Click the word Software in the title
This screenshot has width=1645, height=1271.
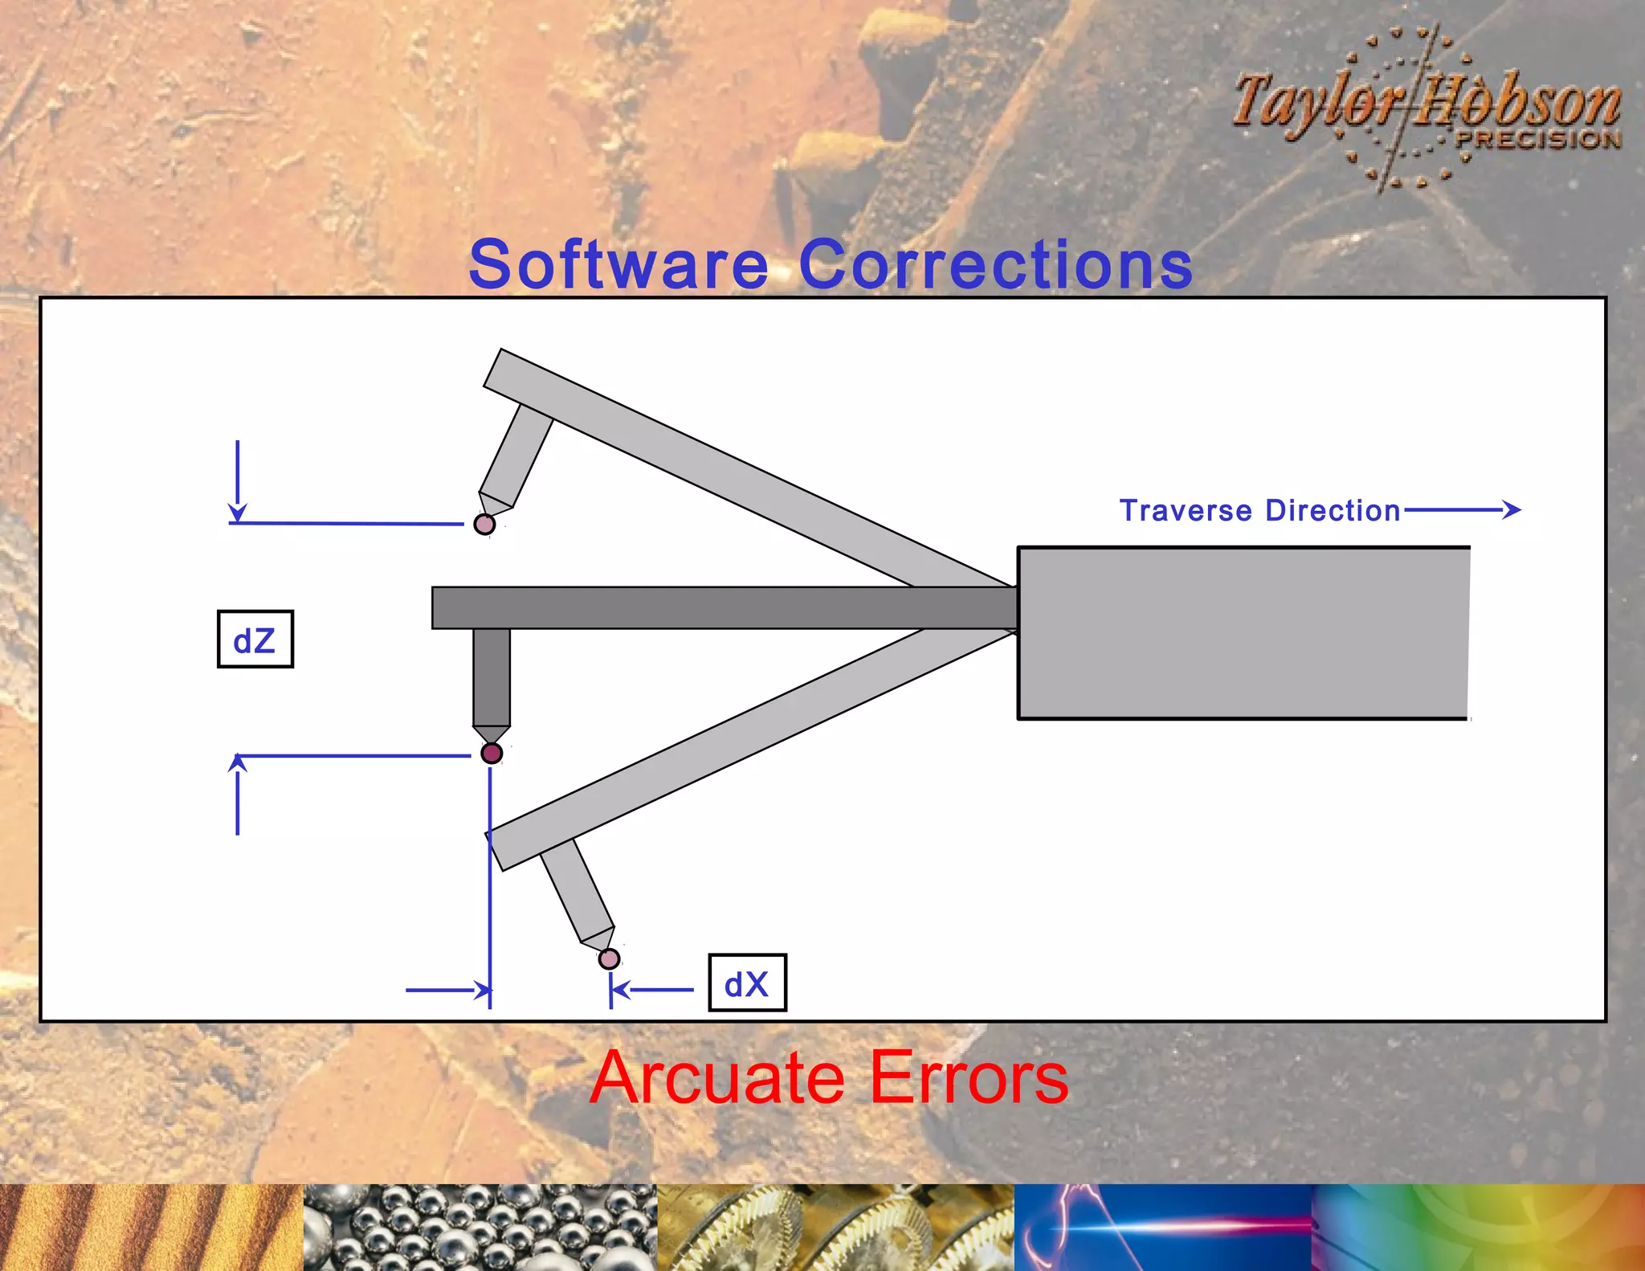tap(618, 265)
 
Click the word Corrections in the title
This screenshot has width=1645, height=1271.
tap(996, 265)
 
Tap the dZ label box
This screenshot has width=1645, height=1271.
tap(255, 640)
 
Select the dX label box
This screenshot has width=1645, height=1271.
tap(747, 983)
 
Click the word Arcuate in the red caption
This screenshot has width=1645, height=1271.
tap(716, 1078)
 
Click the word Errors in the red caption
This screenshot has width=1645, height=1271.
tap(969, 1078)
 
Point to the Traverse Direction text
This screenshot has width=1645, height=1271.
tap(1259, 511)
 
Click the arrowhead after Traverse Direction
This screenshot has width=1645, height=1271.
tap(1512, 509)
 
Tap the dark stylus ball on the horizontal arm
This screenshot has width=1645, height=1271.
tap(492, 753)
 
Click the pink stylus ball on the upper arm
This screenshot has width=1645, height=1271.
tap(484, 525)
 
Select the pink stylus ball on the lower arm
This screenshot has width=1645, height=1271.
tap(610, 958)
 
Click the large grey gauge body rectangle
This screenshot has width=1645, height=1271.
tap(1243, 633)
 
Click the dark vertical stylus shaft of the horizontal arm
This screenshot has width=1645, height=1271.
tap(492, 676)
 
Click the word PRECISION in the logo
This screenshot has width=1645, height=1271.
tap(1538, 139)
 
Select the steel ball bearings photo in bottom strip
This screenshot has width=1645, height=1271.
tap(480, 1227)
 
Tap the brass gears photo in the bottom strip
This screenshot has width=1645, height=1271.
tap(835, 1227)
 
